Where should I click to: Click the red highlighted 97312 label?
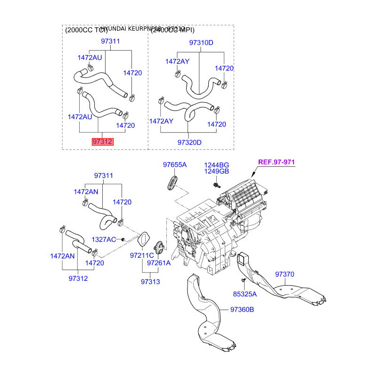(x=103, y=141)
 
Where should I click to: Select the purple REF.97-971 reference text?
(x=276, y=163)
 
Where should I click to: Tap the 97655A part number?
(x=175, y=165)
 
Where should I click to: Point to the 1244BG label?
(x=216, y=165)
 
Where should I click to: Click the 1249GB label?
(x=216, y=172)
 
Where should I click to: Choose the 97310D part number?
(x=201, y=43)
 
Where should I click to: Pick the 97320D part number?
(x=189, y=142)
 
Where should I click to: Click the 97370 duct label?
(x=285, y=274)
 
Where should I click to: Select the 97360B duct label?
(x=242, y=310)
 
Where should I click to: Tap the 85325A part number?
(x=245, y=294)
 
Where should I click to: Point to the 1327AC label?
(x=103, y=240)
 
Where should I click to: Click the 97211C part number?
(x=142, y=256)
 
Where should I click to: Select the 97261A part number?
(x=158, y=263)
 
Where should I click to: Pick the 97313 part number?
(x=150, y=281)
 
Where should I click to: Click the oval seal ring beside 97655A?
(x=172, y=182)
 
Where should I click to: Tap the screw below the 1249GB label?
(x=216, y=185)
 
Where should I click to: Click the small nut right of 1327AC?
(x=123, y=240)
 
